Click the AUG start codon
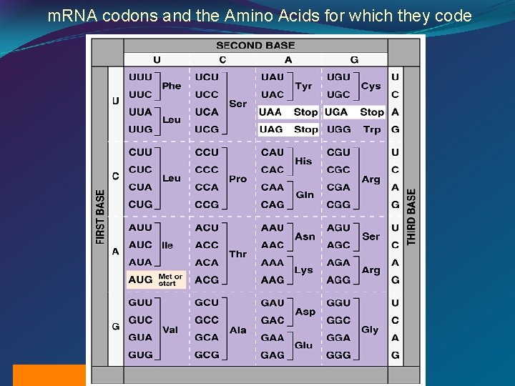tap(140, 279)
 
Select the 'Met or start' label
tap(170, 279)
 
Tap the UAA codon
tap(270, 112)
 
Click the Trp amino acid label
tap(372, 129)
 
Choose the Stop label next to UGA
tap(372, 112)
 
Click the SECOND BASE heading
tap(255, 45)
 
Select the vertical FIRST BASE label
tap(100, 217)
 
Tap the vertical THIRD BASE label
tap(411, 217)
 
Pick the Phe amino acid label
tap(172, 86)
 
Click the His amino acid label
tap(303, 161)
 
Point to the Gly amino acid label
tap(370, 330)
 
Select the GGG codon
tap(338, 355)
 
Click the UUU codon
tap(140, 77)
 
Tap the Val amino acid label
tap(170, 330)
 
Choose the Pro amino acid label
tap(237, 179)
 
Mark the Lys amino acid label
tap(303, 270)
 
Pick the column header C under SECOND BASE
tap(222, 60)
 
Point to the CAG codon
tap(272, 204)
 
